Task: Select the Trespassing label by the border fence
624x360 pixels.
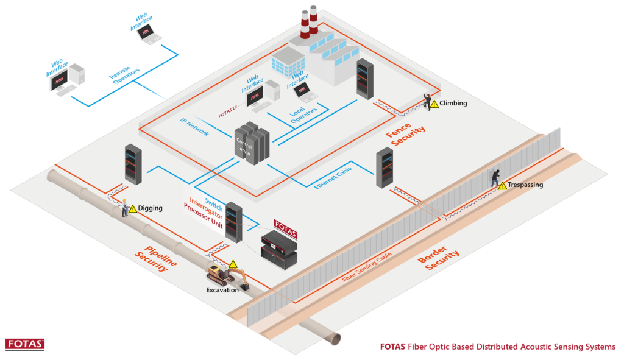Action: click(x=525, y=185)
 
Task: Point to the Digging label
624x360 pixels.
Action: click(x=150, y=208)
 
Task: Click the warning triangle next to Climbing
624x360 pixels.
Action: click(x=434, y=105)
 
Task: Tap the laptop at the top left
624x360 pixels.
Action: click(x=146, y=33)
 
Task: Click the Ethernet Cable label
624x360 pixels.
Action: click(x=333, y=175)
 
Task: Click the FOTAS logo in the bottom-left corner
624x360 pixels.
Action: click(x=24, y=344)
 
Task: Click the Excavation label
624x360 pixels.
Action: click(x=222, y=290)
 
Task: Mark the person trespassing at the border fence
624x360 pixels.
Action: click(x=497, y=177)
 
